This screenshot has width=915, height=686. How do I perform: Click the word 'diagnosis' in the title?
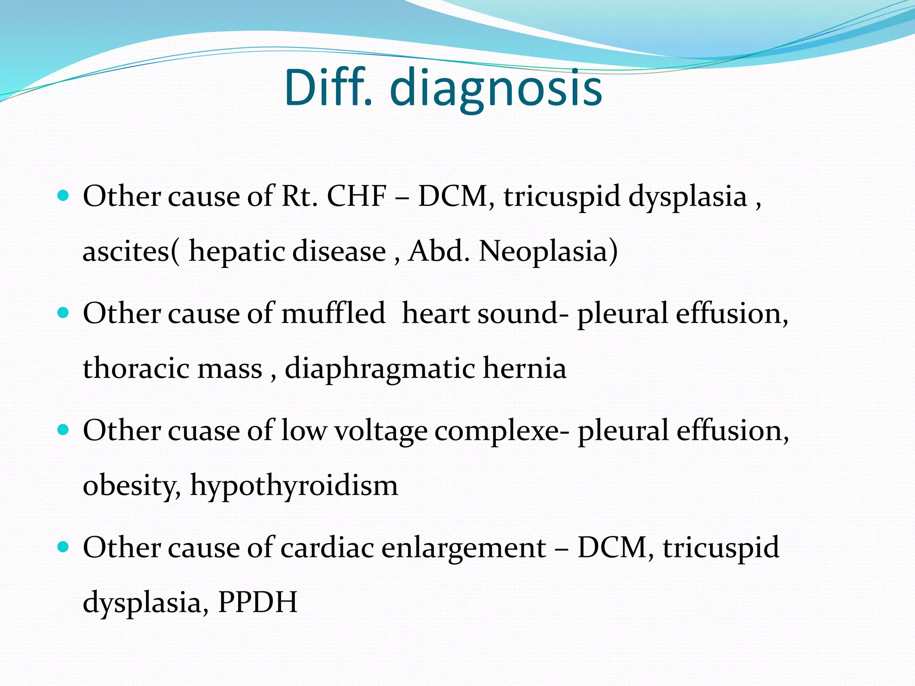[496, 89]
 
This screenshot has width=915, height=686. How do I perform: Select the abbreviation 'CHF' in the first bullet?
[357, 197]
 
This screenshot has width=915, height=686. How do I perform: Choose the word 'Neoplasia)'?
[548, 251]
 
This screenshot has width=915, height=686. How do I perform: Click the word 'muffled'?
[333, 313]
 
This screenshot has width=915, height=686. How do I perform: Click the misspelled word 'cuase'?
[204, 431]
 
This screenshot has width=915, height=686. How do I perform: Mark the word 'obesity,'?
[132, 486]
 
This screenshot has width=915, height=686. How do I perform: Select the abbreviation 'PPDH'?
[257, 602]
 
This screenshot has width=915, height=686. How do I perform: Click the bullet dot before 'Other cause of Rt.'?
[63, 196]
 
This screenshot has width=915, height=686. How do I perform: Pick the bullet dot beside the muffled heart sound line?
[63, 313]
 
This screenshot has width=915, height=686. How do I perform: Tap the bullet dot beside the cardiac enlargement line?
[63, 547]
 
